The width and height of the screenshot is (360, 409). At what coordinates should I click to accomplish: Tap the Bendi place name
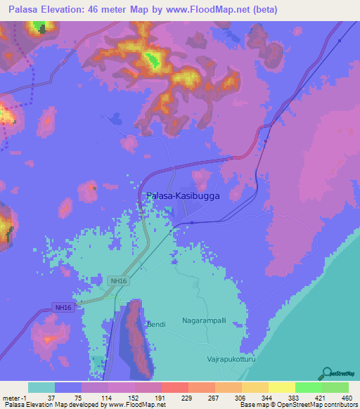pos(155,324)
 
